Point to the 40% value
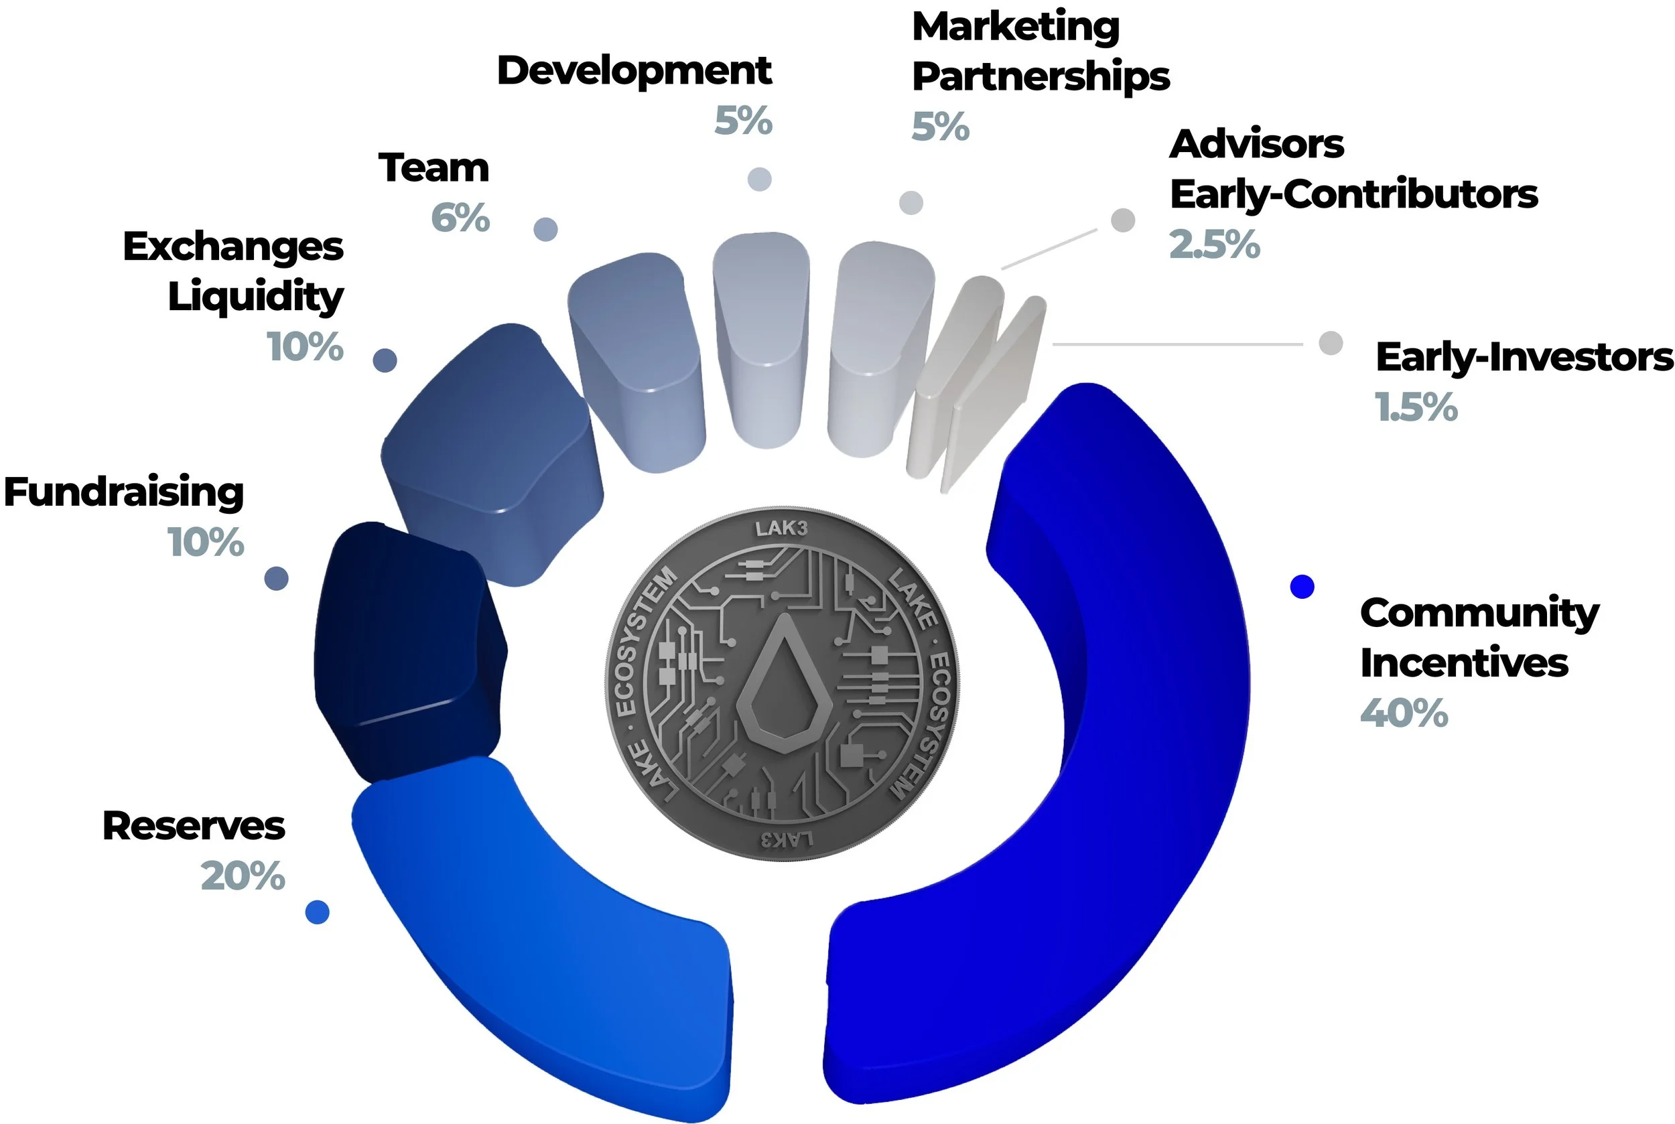[1404, 713]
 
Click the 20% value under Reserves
[243, 876]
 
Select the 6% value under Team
[460, 218]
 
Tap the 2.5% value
[1214, 244]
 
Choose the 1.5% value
[1416, 407]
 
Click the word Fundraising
[124, 492]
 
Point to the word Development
[634, 71]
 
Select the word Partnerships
[1041, 77]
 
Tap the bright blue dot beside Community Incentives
[1302, 586]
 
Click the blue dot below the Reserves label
[317, 912]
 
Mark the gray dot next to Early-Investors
[1331, 343]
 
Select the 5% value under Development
[743, 121]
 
